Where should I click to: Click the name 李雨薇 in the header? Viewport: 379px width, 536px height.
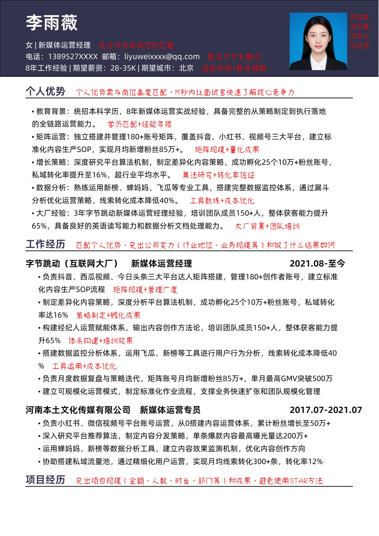coord(52,22)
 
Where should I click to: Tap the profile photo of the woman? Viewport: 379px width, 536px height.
coord(318,41)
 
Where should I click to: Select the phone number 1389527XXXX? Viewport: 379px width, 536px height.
coord(73,57)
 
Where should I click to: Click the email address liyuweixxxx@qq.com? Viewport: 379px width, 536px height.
coord(162,57)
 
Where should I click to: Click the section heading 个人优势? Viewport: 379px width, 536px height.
coord(45,91)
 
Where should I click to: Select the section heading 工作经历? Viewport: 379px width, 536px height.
coord(45,244)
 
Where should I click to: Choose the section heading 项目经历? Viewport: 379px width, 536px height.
coord(45,479)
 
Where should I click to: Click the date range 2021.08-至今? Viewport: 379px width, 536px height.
coord(317,264)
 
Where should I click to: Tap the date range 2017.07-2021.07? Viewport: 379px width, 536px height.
coord(325,410)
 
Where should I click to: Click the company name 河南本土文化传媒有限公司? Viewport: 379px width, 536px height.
coord(78,410)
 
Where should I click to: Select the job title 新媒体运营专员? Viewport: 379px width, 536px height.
coord(170,410)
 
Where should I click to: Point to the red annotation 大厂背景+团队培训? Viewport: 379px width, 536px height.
coord(267,226)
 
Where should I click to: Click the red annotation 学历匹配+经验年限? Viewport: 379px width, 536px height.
coord(139,124)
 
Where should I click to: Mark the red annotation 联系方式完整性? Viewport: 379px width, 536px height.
coord(234,57)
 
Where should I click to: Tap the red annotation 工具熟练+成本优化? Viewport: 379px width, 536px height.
coord(222,201)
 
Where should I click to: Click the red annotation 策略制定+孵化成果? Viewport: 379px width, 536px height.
coord(108,315)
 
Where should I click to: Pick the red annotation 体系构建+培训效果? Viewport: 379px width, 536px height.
coord(100,340)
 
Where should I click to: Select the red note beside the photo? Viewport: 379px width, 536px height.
coord(360,32)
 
